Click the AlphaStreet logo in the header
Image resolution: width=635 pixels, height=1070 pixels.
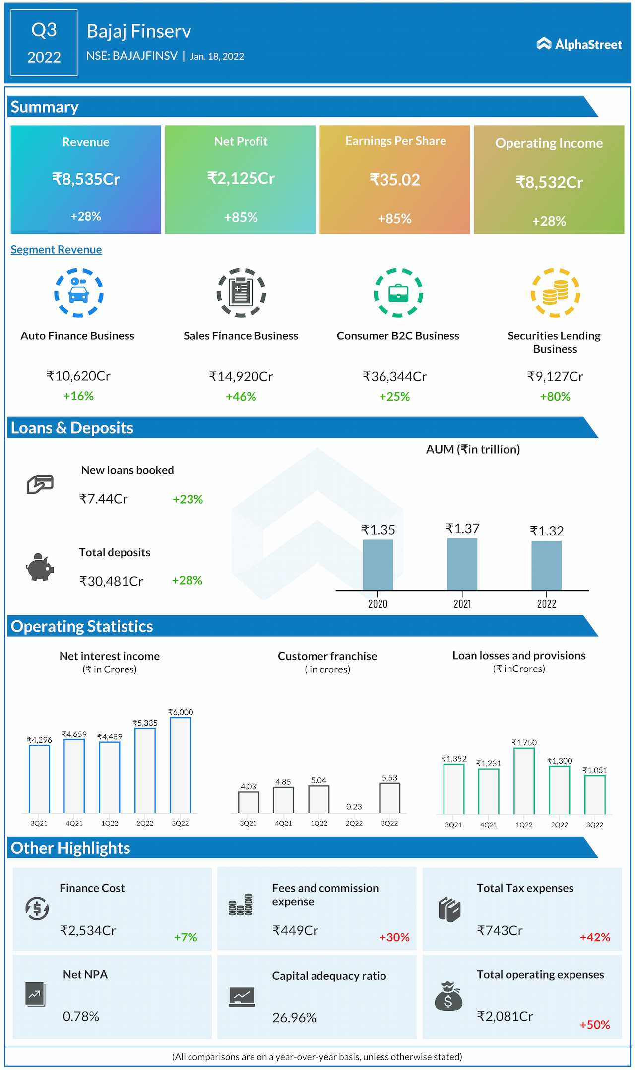(579, 44)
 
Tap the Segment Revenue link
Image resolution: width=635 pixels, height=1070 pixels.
(56, 249)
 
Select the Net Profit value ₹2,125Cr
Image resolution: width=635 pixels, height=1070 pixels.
(241, 178)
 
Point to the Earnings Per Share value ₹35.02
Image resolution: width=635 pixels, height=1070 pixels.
(394, 179)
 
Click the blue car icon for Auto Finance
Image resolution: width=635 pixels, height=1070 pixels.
(79, 293)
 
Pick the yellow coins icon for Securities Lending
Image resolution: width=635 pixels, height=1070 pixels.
(555, 293)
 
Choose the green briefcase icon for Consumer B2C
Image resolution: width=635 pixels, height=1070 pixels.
(398, 293)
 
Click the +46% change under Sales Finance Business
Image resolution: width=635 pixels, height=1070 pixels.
(241, 397)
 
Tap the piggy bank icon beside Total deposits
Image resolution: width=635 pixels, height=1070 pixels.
(40, 567)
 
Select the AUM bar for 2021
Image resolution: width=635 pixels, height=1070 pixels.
(462, 564)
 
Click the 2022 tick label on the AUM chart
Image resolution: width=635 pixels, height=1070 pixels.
(546, 604)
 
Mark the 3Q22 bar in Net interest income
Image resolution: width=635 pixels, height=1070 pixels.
(180, 765)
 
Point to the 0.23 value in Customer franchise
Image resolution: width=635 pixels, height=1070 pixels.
(354, 807)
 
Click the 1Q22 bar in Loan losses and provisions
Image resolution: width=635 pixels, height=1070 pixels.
(524, 781)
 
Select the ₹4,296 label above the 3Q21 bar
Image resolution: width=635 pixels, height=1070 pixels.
(39, 740)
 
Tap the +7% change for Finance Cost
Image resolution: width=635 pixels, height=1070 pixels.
(186, 937)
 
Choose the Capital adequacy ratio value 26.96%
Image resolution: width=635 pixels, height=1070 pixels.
(294, 1018)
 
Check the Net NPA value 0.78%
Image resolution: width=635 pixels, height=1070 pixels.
(81, 1017)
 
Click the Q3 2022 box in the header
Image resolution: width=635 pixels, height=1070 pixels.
(44, 43)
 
